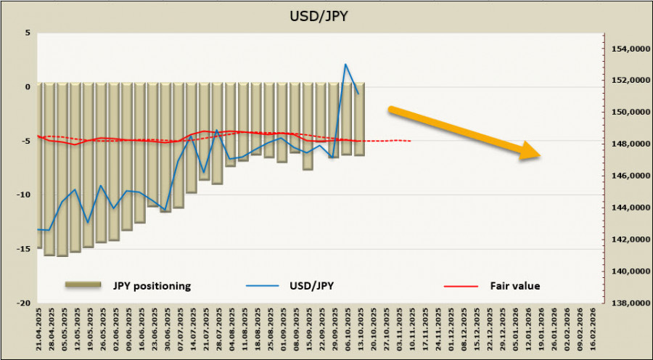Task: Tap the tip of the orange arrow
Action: tap(540, 155)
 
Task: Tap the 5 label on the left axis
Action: tap(27, 33)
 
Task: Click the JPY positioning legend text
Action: tap(152, 285)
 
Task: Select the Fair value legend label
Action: tap(515, 285)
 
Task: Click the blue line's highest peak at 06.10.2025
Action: tap(345, 64)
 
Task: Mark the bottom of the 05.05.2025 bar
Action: tap(62, 255)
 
